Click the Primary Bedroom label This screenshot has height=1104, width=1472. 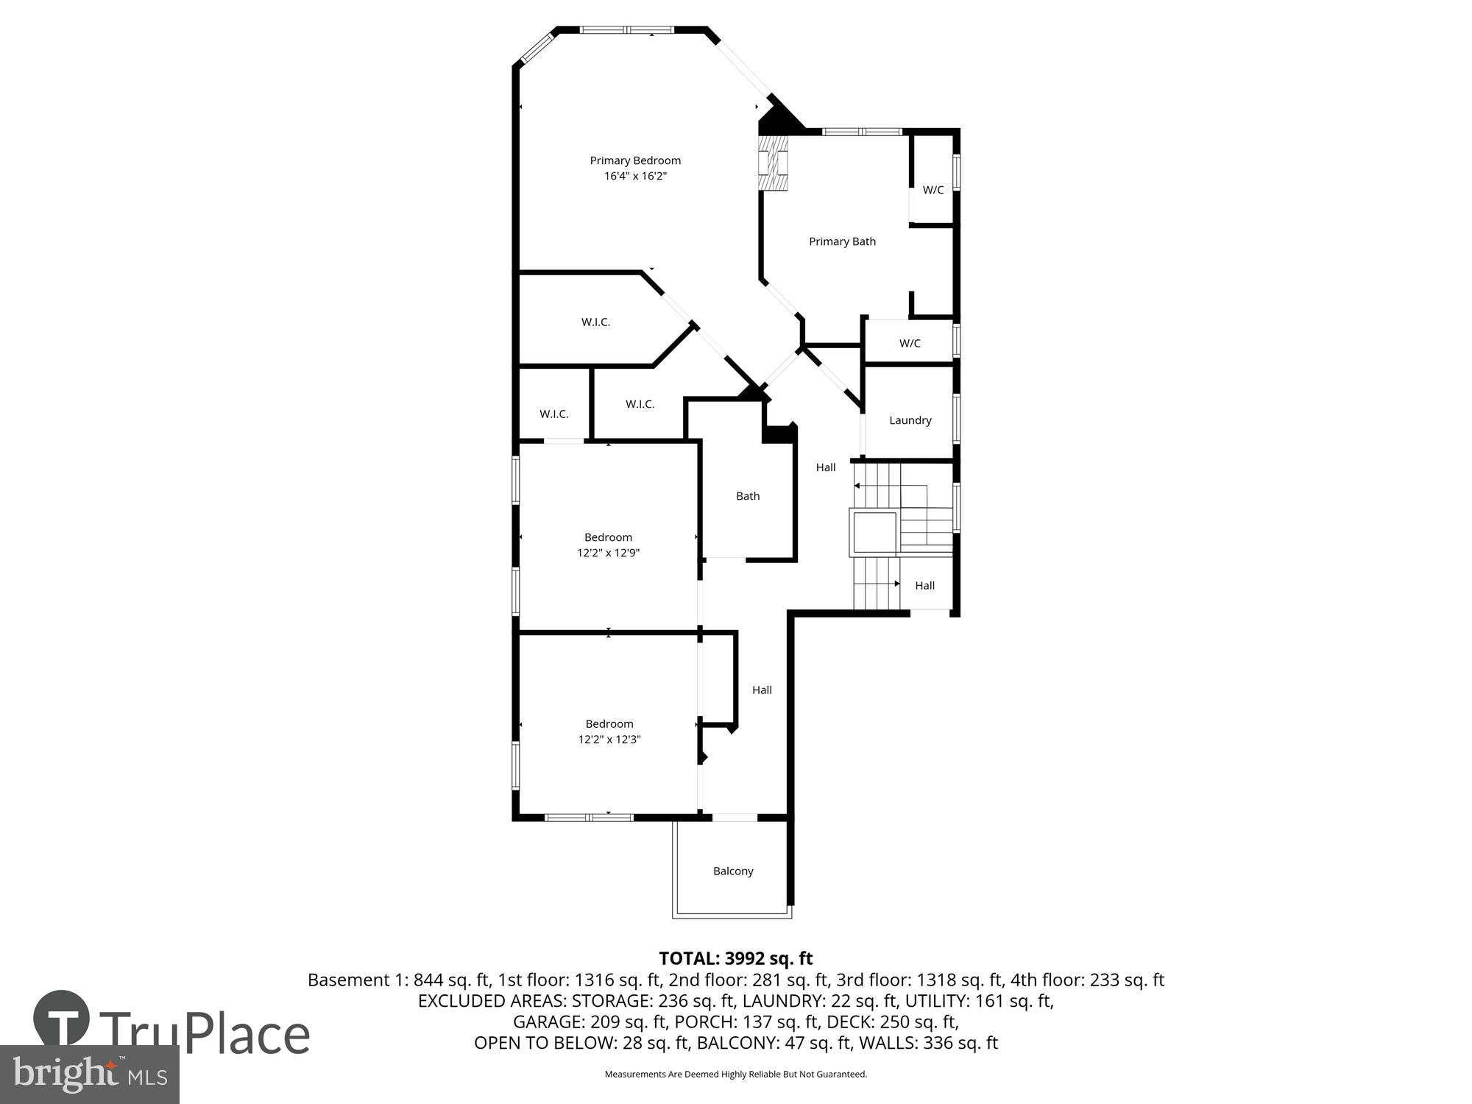(x=635, y=160)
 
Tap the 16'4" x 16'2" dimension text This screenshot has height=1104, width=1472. (x=635, y=177)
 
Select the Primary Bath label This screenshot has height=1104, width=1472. (x=842, y=241)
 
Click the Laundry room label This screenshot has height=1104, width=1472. (x=910, y=420)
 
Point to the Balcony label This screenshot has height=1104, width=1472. (x=733, y=871)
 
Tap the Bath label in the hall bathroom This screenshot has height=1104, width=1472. (x=748, y=496)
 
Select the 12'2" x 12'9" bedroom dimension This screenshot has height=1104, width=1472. (x=608, y=553)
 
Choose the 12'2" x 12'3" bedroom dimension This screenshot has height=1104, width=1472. (x=609, y=740)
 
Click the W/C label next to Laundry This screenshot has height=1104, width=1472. (x=910, y=344)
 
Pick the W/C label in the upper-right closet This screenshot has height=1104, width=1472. (x=933, y=190)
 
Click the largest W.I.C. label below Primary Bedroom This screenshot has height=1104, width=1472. (x=595, y=322)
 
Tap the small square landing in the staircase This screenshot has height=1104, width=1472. (x=874, y=533)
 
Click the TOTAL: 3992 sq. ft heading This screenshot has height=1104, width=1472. (x=735, y=958)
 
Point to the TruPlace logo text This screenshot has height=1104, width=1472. (x=204, y=1033)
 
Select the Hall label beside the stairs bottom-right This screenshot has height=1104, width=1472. (x=924, y=586)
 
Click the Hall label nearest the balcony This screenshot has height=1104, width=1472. (x=762, y=690)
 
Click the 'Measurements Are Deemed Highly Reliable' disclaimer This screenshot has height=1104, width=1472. (x=735, y=1075)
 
